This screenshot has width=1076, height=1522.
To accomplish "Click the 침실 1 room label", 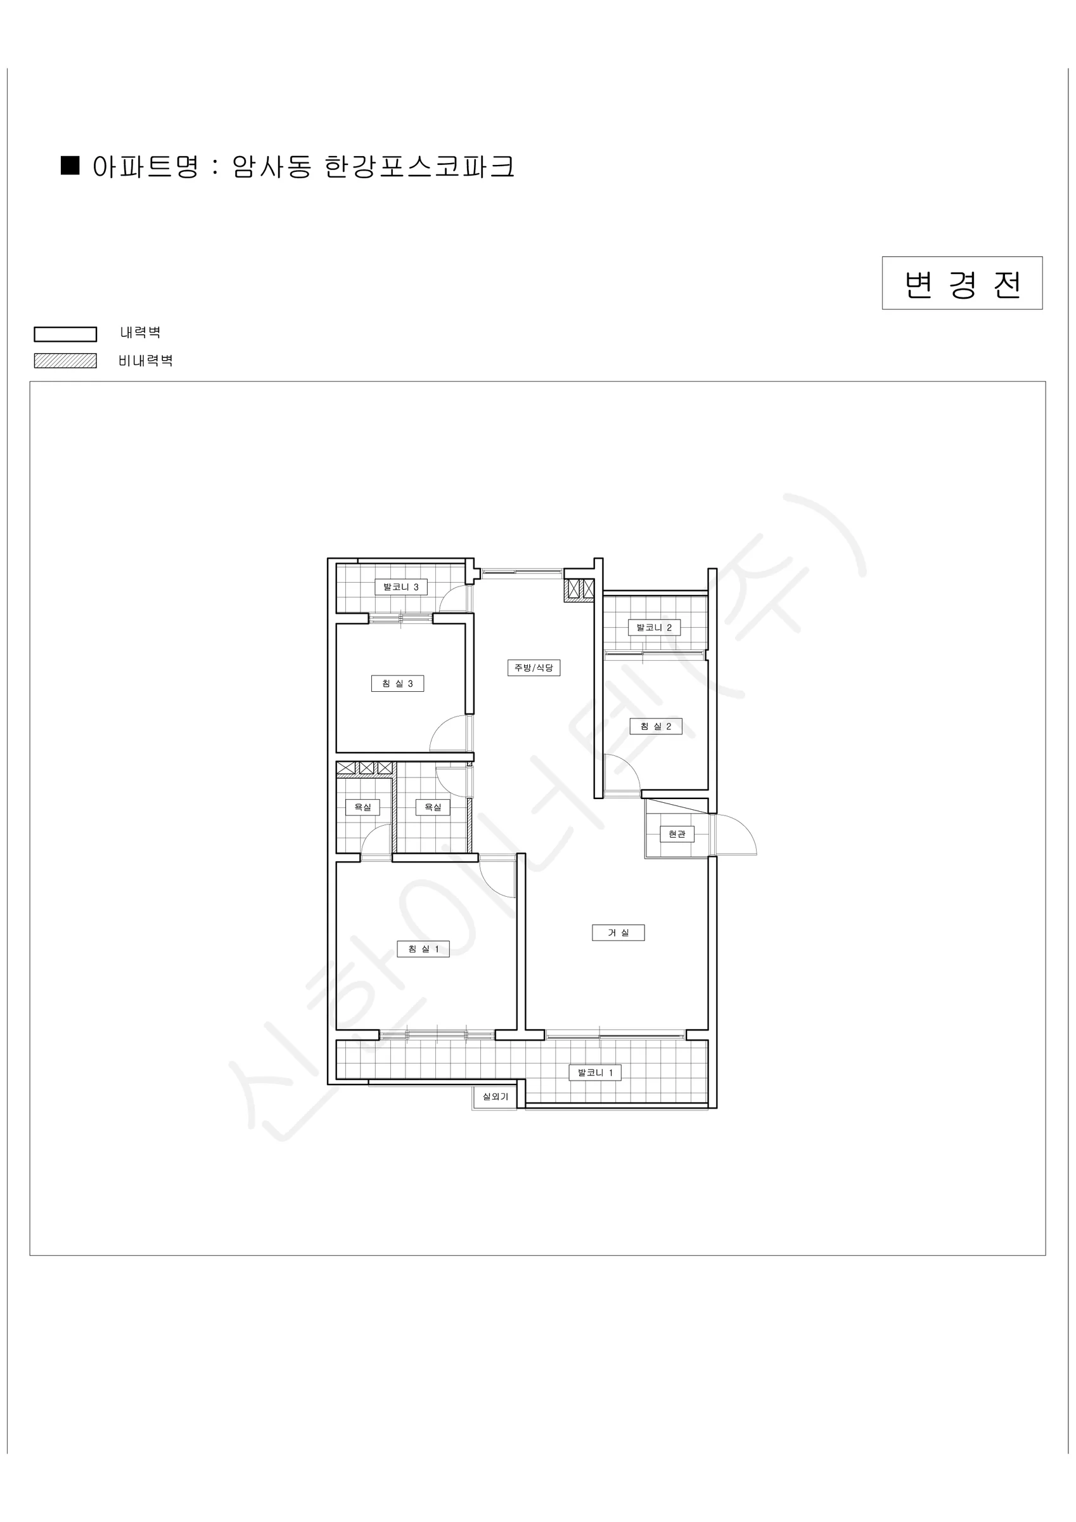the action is [x=423, y=949].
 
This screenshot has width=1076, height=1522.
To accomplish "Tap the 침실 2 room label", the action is [x=655, y=726].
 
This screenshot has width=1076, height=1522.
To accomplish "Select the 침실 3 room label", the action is [x=397, y=684].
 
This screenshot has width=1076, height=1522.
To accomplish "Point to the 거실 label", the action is [x=618, y=933].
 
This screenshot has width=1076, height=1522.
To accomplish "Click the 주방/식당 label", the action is [x=534, y=668].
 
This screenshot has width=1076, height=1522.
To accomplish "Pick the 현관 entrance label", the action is [x=677, y=834].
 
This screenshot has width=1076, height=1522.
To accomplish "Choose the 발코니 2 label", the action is [x=654, y=627].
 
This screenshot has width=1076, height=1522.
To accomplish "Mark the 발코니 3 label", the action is [x=401, y=587].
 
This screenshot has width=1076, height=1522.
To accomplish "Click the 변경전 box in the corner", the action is [x=962, y=283].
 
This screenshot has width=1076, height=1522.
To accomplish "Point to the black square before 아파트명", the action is [x=70, y=165].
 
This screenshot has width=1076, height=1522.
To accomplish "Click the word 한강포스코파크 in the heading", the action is [x=420, y=166].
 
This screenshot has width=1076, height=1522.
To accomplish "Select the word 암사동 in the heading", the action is [x=272, y=166].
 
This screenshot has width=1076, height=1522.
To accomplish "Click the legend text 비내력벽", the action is [x=146, y=361].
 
